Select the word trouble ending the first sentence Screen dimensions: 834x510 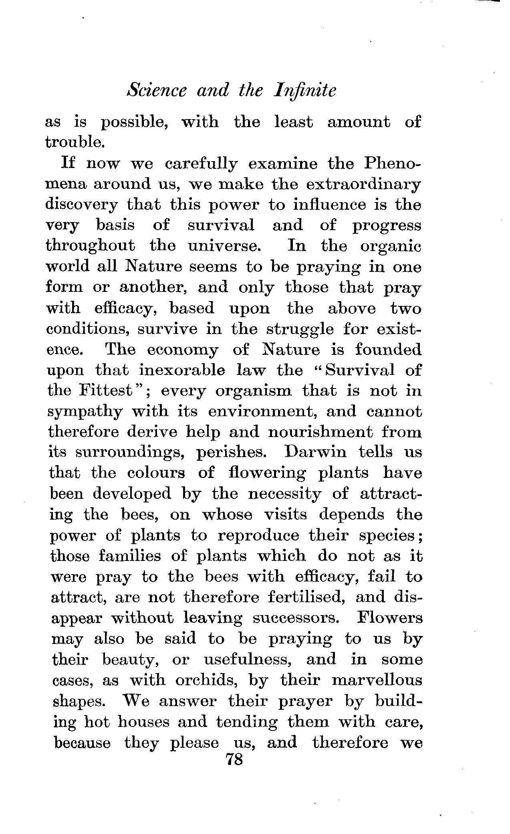coord(75,142)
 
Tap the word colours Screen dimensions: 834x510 coord(156,473)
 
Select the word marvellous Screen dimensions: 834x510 coord(377,680)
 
